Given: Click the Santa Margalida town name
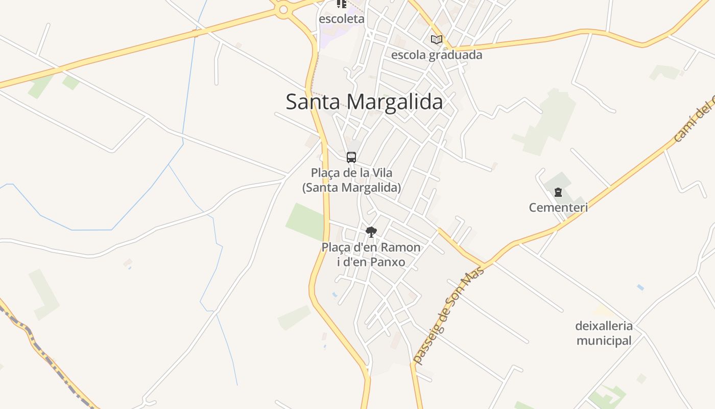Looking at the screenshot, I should tap(364, 102).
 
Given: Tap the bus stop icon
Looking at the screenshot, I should tap(351, 157).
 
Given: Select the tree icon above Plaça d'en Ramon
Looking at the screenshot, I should tap(371, 232).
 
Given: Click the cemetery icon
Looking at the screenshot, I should tap(558, 193).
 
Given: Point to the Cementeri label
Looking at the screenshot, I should tap(558, 208).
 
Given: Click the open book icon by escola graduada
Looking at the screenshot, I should tap(436, 39).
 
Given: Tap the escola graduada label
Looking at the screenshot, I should tap(437, 55).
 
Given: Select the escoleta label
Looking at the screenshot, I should tap(342, 19).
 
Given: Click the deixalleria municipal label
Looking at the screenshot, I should tap(604, 333).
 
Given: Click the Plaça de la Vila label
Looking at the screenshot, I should tap(351, 180).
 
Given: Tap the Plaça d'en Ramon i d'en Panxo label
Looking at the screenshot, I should tap(371, 255).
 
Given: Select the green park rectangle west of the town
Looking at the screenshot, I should tap(305, 221).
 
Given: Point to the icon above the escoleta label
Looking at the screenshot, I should tap(342, 4).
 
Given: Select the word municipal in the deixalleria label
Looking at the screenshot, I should tap(604, 340).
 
